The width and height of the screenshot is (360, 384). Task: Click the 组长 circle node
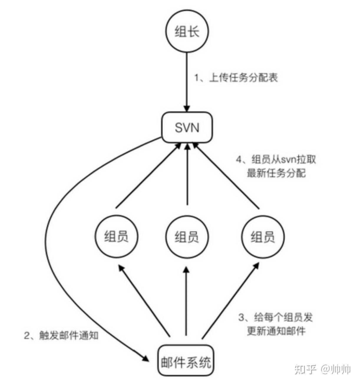[187, 31]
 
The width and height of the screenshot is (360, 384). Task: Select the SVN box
[187, 127]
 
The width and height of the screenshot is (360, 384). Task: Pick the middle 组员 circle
[187, 237]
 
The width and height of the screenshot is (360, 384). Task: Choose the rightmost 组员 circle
[262, 237]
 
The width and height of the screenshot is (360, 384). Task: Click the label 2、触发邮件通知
[61, 335]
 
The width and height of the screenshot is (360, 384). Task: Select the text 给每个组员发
[283, 318]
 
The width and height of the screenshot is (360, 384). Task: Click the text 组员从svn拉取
[283, 160]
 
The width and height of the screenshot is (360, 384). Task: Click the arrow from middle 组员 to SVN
[187, 177]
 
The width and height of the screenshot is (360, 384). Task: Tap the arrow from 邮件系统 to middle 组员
[186, 304]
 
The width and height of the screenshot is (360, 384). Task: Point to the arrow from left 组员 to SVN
[147, 177]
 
